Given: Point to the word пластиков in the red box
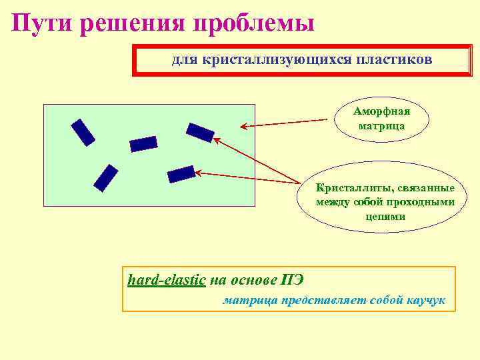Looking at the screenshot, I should click(398, 60).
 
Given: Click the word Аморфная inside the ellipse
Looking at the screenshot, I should click(381, 111).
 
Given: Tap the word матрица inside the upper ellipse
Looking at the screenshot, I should click(381, 125).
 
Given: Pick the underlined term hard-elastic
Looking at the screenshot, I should click(166, 279).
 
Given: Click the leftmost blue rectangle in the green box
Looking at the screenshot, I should click(83, 132).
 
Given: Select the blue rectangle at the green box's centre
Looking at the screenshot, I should click(143, 144).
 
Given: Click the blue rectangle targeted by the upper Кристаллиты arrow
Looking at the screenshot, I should click(200, 133).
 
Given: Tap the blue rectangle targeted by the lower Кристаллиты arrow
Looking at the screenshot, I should click(181, 175).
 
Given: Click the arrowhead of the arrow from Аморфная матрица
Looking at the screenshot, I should click(243, 126).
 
